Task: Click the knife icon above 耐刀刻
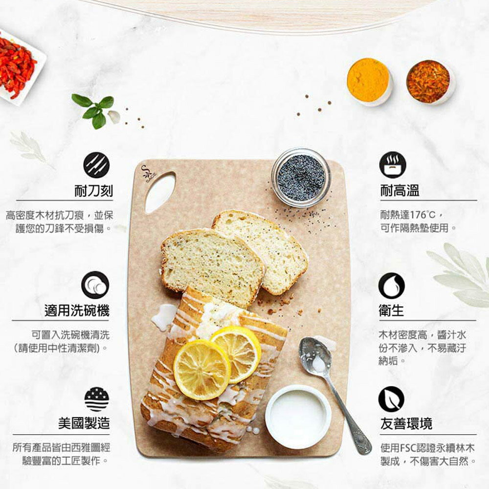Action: coord(96,165)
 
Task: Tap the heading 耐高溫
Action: coord(400,190)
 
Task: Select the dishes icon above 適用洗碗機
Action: coord(95,285)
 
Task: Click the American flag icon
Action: coord(97,399)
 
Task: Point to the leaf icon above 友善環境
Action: coord(391,399)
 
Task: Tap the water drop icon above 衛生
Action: coord(391,286)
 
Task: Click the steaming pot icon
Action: coord(393,165)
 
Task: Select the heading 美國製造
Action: coord(84,423)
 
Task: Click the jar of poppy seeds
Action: coord(301,178)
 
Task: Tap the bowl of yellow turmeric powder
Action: coord(369,81)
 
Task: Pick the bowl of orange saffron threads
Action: coord(430,82)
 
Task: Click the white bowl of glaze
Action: coord(298,417)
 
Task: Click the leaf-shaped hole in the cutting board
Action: coord(160,192)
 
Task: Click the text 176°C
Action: coord(422,215)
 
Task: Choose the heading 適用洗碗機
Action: coord(77,311)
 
